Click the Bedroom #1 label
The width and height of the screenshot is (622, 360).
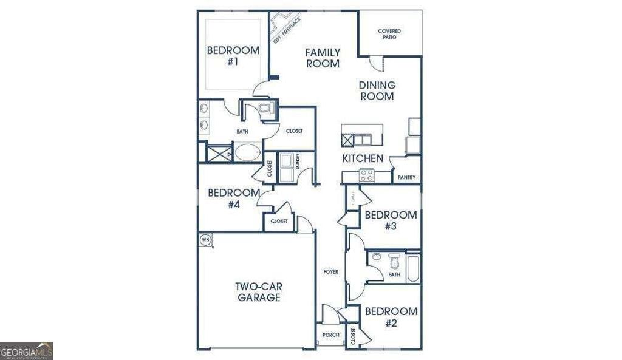(233, 56)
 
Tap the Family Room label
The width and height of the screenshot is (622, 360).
(323, 58)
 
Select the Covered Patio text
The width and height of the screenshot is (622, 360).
(389, 34)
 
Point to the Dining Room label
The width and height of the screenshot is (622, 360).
(377, 90)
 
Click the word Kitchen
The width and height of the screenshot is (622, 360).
(363, 158)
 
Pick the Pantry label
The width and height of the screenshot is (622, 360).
(406, 178)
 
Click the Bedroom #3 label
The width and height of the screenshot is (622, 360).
(391, 220)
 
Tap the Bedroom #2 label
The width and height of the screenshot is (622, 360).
(391, 317)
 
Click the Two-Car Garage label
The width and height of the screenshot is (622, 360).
(259, 292)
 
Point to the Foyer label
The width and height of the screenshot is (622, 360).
(330, 271)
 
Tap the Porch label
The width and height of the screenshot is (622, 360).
(330, 335)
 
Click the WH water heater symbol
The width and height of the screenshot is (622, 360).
(205, 240)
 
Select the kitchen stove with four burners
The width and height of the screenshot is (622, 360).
(366, 175)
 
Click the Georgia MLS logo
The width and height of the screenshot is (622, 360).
(27, 351)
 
